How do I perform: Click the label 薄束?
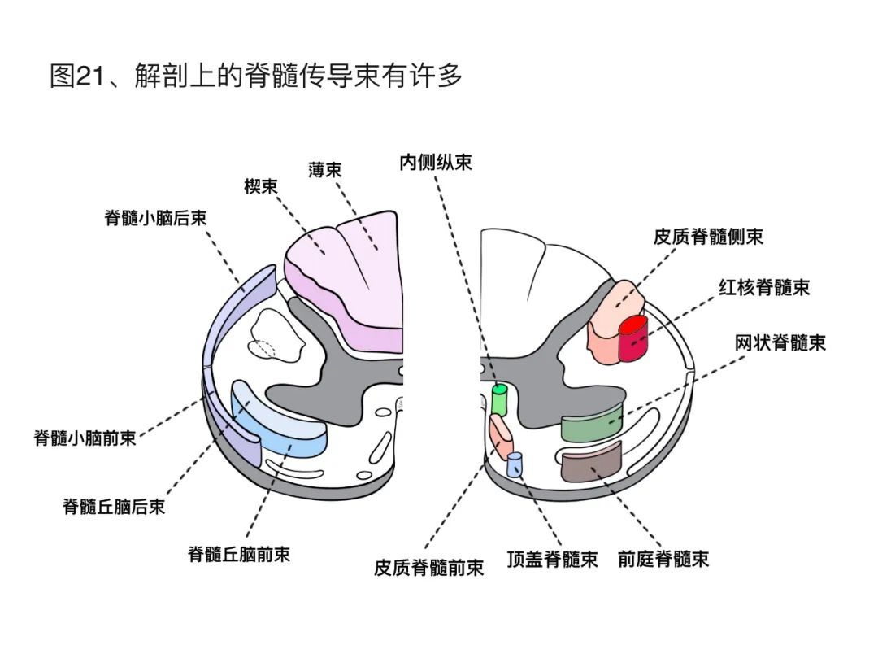pos(324,169)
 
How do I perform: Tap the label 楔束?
pos(261,187)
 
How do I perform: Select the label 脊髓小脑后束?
pos(155,218)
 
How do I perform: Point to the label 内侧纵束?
pos(435,162)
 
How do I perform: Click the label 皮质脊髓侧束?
pos(708,237)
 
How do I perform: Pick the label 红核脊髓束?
pos(763,287)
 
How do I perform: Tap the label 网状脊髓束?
pos(780,342)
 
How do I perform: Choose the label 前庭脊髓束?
pos(663,559)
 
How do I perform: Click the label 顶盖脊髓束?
pos(552,560)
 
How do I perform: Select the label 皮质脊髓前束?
pos(428,567)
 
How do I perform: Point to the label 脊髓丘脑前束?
pos(239,555)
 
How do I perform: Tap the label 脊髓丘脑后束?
pos(114,506)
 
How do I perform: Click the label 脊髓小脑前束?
pos(85,438)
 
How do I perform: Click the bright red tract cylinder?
pos(632,337)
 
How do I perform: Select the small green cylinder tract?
pos(499,399)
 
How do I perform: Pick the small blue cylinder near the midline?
pos(514,464)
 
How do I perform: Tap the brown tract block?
pos(591,461)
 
